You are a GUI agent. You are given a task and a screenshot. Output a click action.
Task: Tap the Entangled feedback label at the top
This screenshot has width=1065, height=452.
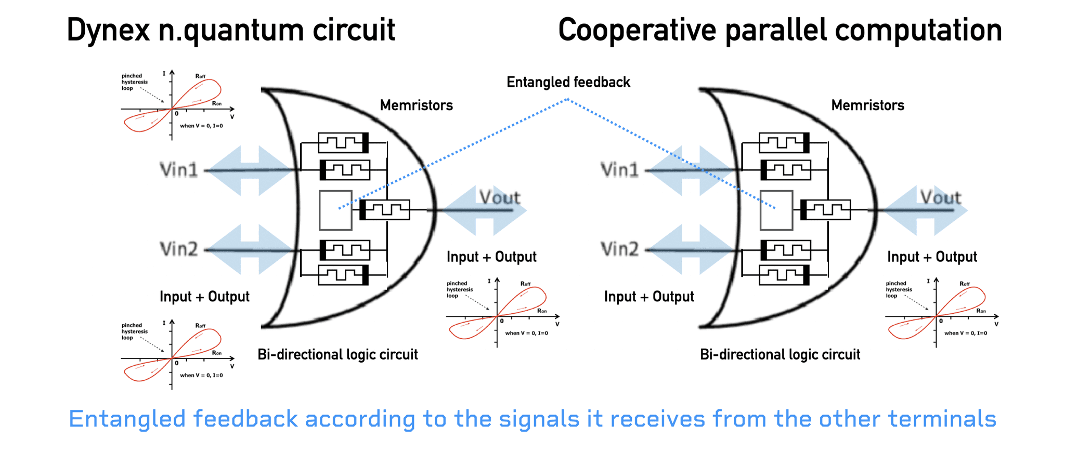[568, 82]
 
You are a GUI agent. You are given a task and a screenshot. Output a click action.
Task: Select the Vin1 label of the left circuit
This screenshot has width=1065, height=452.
[178, 170]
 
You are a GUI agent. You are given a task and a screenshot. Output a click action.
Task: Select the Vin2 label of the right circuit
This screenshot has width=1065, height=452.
[619, 249]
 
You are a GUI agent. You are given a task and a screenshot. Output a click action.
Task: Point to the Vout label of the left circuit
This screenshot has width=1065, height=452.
[499, 197]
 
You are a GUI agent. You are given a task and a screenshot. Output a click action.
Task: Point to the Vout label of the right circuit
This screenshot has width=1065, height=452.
[940, 197]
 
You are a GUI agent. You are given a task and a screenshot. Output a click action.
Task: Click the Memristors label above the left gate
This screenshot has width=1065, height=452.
[416, 105]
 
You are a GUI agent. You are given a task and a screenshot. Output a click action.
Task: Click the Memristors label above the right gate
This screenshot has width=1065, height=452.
[867, 105]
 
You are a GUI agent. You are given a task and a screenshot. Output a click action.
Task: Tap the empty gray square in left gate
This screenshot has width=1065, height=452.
[335, 210]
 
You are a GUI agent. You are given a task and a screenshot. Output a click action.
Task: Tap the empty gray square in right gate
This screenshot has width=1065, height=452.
[776, 210]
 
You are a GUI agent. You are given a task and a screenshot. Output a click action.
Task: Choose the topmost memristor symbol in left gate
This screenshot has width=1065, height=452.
[343, 142]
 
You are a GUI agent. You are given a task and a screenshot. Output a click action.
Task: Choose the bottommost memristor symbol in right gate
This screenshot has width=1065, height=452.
[784, 275]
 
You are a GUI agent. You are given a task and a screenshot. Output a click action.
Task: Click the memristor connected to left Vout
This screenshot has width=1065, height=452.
[385, 210]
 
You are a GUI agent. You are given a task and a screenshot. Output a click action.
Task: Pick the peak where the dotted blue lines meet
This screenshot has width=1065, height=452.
[568, 99]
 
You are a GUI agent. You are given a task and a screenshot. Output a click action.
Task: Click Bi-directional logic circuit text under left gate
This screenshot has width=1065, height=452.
[337, 355]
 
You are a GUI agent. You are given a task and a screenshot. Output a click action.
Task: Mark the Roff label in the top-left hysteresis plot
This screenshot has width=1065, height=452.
[200, 76]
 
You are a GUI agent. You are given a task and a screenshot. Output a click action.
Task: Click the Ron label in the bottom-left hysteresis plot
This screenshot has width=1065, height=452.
[217, 353]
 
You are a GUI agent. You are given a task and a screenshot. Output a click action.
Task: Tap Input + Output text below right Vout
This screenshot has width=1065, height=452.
[932, 257]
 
